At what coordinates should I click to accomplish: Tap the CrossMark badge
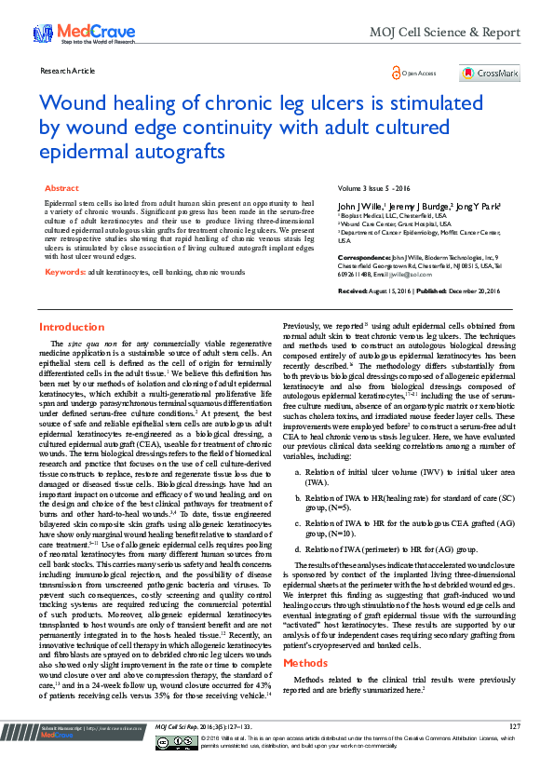489,73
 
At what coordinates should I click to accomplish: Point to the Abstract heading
61,188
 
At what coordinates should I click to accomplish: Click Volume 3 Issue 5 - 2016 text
372,188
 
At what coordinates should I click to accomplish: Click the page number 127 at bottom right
514,751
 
